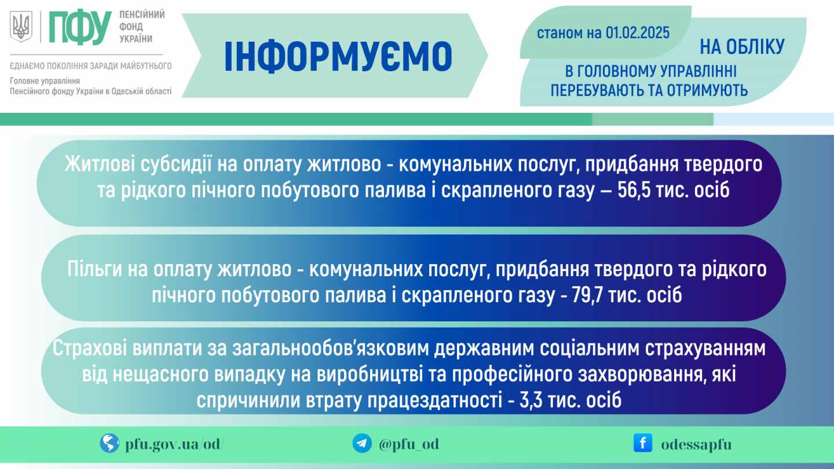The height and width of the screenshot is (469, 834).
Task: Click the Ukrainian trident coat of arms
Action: pyautogui.click(x=21, y=27)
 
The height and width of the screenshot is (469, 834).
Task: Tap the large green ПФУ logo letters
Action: pyautogui.click(x=81, y=27)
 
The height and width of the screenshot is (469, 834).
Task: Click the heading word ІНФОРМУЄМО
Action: pyautogui.click(x=338, y=57)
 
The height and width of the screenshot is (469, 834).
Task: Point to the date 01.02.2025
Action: pyautogui.click(x=638, y=33)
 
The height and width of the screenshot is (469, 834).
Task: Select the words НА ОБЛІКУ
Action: pyautogui.click(x=742, y=47)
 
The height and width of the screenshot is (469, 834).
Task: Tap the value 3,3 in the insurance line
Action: pyautogui.click(x=531, y=400)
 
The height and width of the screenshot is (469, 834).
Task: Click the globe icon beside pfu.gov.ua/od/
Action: pyautogui.click(x=109, y=444)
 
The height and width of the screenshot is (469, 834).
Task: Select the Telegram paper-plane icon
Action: pyautogui.click(x=362, y=444)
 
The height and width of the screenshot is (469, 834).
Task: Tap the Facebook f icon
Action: pyautogui.click(x=643, y=443)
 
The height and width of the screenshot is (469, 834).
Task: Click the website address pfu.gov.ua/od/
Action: pyautogui.click(x=175, y=444)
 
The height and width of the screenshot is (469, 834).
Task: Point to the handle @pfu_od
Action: pyautogui.click(x=409, y=444)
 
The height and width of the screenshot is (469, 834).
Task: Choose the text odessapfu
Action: pyautogui.click(x=696, y=445)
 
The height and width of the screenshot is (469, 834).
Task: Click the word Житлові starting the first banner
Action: pyautogui.click(x=100, y=164)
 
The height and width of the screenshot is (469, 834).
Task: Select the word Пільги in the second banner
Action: pyautogui.click(x=94, y=269)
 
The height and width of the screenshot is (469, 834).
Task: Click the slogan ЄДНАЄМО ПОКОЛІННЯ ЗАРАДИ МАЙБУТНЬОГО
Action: pyautogui.click(x=91, y=66)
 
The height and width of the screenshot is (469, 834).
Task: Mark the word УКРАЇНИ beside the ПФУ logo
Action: pyautogui.click(x=136, y=39)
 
